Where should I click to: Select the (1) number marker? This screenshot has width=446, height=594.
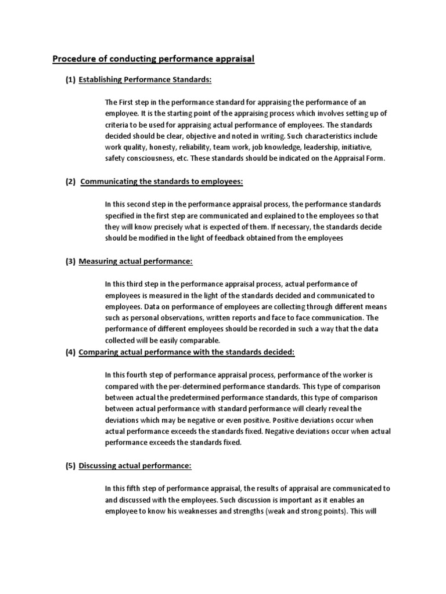tap(70, 79)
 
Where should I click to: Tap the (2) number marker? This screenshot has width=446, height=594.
tap(70, 181)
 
